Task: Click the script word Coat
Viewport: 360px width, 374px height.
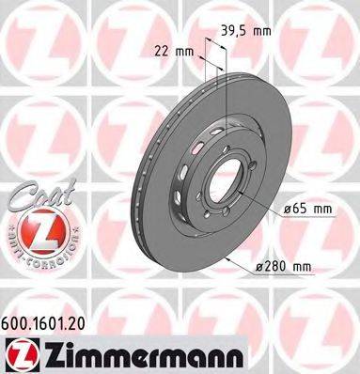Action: click(38, 196)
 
